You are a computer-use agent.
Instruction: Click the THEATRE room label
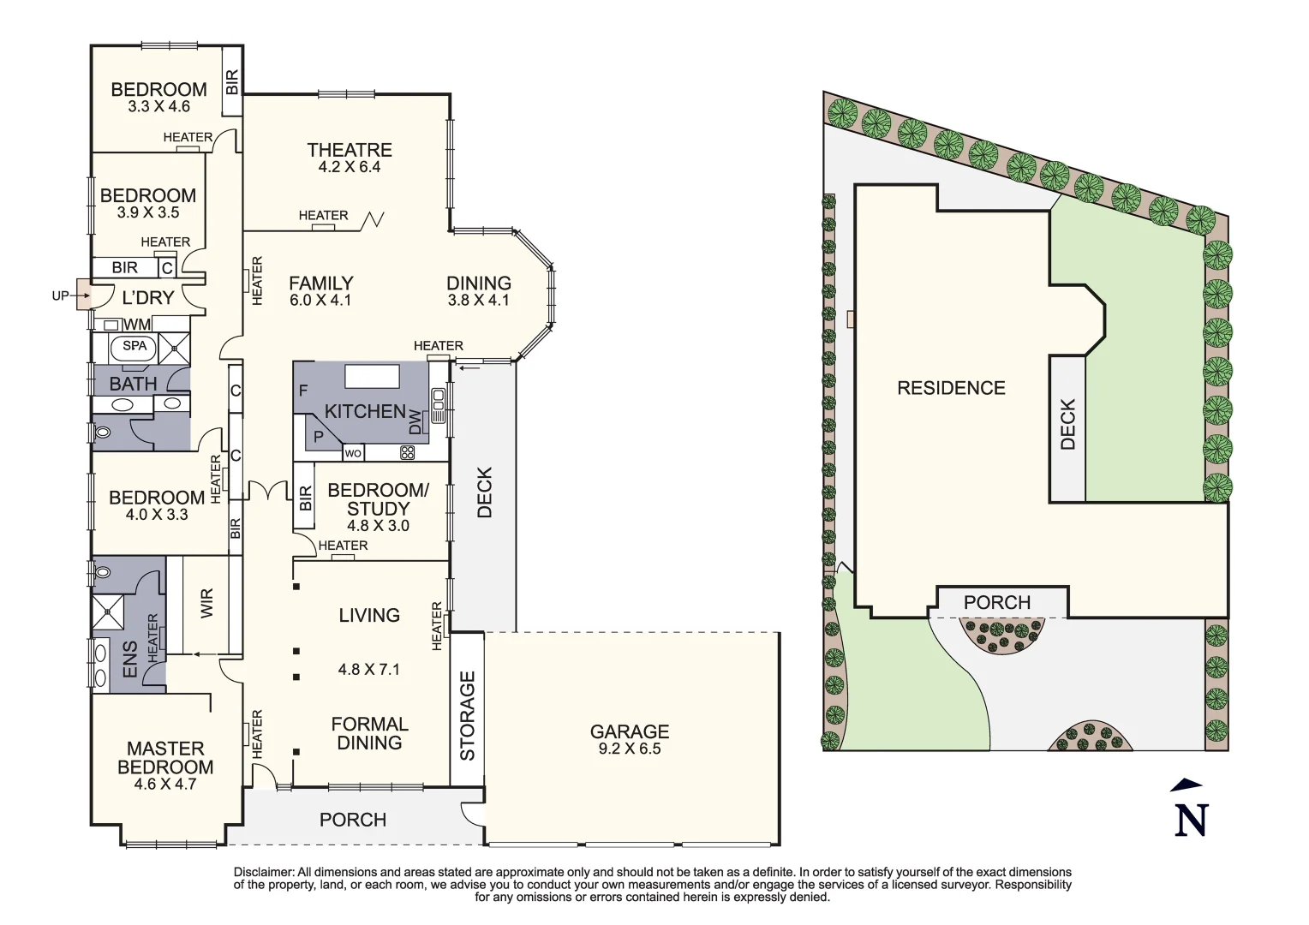pyautogui.click(x=350, y=151)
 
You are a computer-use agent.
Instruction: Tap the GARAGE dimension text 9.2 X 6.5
pyautogui.click(x=630, y=749)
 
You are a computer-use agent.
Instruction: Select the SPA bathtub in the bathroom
pyautogui.click(x=134, y=347)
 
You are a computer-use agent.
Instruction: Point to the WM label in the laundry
pyautogui.click(x=137, y=325)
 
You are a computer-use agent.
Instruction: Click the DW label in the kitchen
pyautogui.click(x=415, y=421)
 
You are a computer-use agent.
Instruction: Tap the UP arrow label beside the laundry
pyautogui.click(x=60, y=296)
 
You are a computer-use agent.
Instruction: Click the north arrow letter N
pyautogui.click(x=1191, y=820)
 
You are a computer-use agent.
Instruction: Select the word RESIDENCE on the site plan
pyautogui.click(x=951, y=388)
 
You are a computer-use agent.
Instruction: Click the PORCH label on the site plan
pyautogui.click(x=997, y=603)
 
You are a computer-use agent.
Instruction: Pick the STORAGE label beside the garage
pyautogui.click(x=468, y=716)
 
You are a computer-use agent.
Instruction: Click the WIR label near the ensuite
pyautogui.click(x=206, y=604)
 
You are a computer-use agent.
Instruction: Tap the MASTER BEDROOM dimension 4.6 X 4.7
pyautogui.click(x=165, y=784)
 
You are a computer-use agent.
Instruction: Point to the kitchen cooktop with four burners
pyautogui.click(x=407, y=452)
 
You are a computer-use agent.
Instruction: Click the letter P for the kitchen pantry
pyautogui.click(x=318, y=437)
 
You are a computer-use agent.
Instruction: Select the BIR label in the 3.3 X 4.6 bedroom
pyautogui.click(x=232, y=82)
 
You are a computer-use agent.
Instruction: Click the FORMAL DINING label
pyautogui.click(x=369, y=734)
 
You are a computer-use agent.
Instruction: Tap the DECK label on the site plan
pyautogui.click(x=1067, y=424)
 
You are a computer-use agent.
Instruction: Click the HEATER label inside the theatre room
pyautogui.click(x=323, y=216)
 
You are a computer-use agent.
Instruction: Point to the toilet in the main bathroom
pyautogui.click(x=105, y=432)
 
